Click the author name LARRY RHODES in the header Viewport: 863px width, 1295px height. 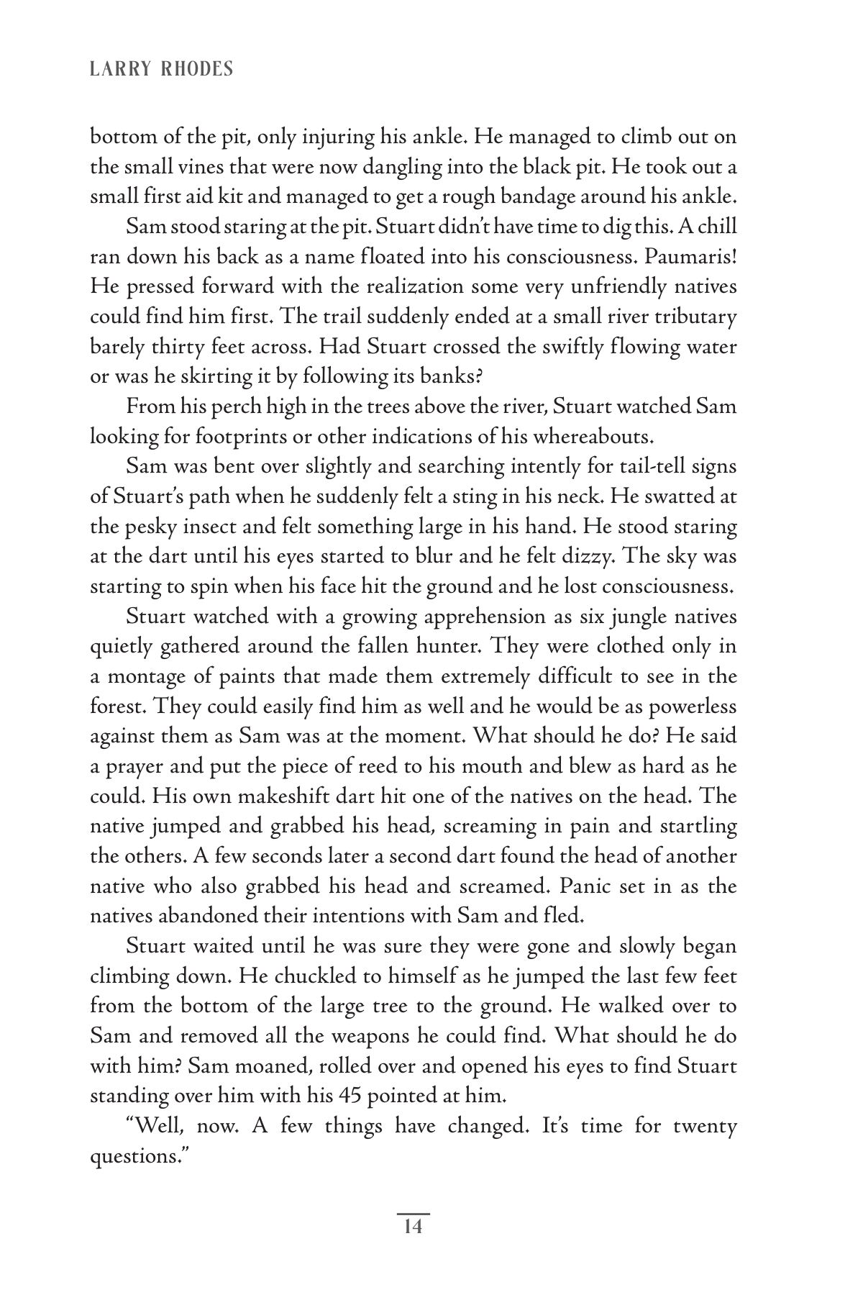pos(161,69)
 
